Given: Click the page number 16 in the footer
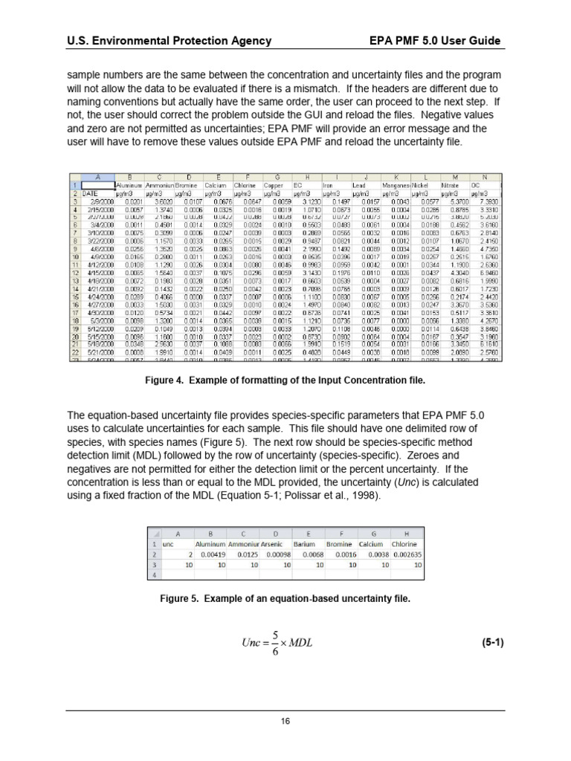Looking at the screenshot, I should pos(285,721).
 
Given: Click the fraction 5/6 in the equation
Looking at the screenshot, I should pos(274,643).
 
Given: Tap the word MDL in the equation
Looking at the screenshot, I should pos(299,643).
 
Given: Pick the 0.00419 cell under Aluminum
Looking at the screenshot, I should pos(210,554).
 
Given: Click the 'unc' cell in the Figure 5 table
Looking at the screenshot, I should pos(168,544).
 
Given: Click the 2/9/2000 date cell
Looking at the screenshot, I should pos(100,201).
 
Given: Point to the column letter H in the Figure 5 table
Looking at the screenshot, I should pos(406,534).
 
